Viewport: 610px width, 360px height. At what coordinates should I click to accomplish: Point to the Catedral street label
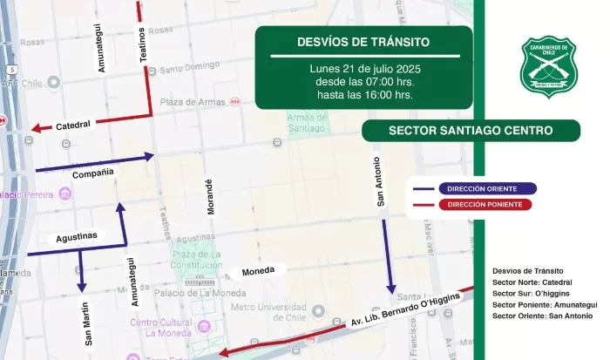73,126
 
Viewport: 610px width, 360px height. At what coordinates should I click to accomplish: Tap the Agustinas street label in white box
76,236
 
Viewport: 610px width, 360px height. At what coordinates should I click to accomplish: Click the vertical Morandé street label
208,198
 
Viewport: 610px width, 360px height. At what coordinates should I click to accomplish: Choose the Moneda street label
258,270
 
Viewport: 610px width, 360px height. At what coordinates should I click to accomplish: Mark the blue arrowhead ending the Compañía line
151,157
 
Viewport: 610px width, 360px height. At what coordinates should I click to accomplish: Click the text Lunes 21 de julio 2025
363,68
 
